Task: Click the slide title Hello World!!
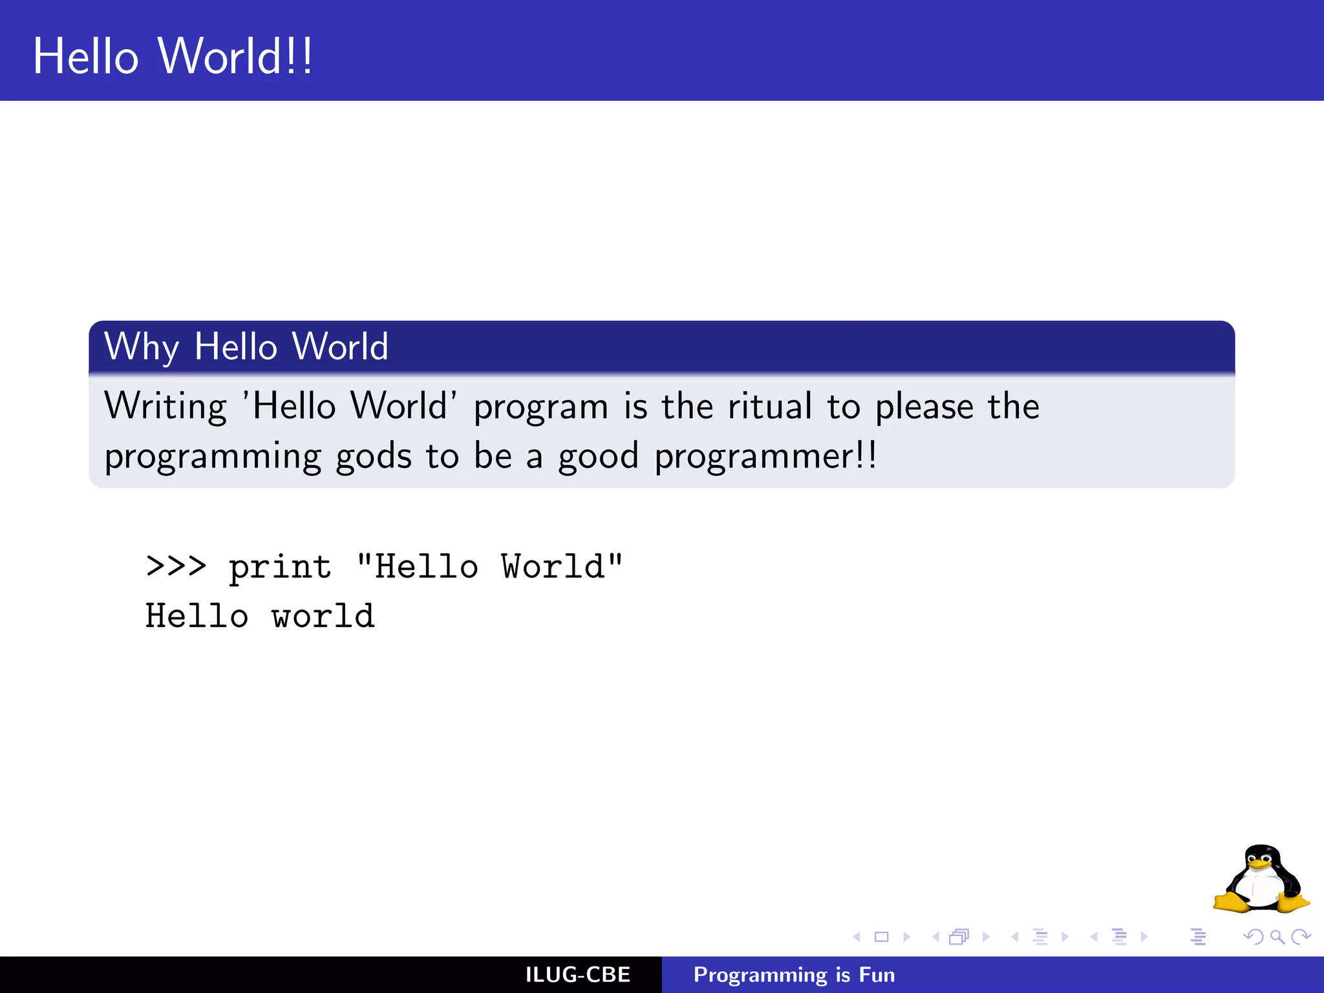(173, 57)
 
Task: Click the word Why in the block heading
(141, 347)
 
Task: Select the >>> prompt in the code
(176, 566)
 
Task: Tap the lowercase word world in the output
(323, 615)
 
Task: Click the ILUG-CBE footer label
(577, 975)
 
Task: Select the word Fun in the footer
(877, 975)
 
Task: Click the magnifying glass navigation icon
(1277, 937)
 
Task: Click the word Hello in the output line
(197, 615)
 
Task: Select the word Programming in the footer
(760, 975)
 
